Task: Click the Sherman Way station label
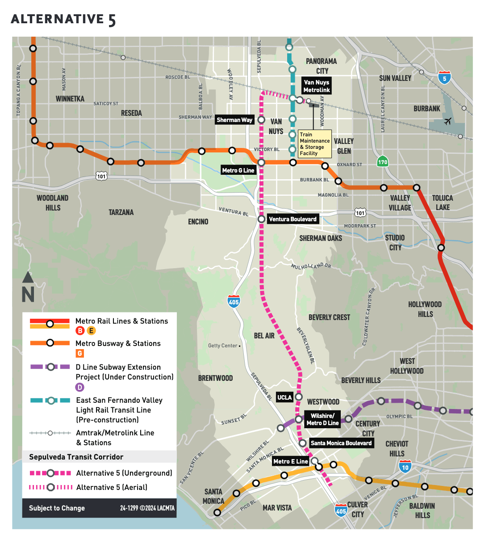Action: [x=234, y=120]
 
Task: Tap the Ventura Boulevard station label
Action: [x=293, y=219]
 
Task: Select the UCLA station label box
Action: [x=284, y=397]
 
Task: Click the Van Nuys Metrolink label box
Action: [x=316, y=86]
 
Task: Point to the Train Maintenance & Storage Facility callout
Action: [x=314, y=144]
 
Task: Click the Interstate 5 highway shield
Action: [x=444, y=78]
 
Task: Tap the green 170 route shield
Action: [x=382, y=162]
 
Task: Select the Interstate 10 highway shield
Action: [x=405, y=467]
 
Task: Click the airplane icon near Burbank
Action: [x=448, y=121]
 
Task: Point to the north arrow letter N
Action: [x=28, y=295]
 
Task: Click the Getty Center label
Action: [x=223, y=346]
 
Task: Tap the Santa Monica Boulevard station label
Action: [x=341, y=443]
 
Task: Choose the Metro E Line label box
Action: [x=290, y=461]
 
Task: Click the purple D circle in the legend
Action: [x=79, y=387]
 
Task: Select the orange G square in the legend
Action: [x=79, y=354]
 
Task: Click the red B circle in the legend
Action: [x=80, y=331]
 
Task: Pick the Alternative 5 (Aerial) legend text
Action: [x=112, y=487]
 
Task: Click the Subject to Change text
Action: [x=57, y=508]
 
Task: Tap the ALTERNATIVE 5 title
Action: [x=63, y=19]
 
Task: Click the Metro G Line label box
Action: [x=238, y=170]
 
